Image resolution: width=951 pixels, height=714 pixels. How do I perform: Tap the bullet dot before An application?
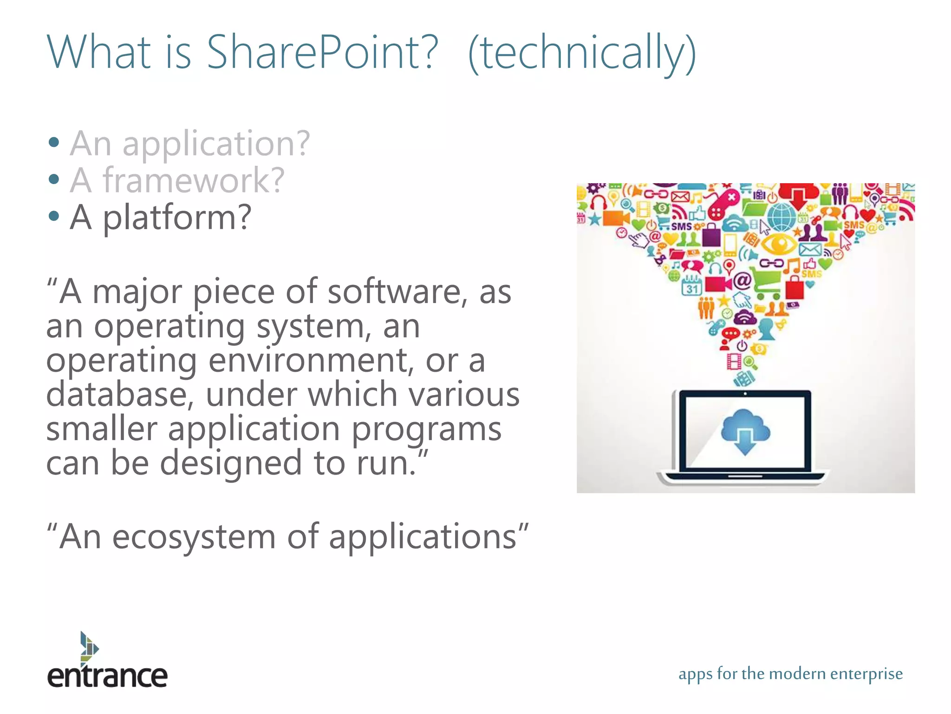pyautogui.click(x=54, y=142)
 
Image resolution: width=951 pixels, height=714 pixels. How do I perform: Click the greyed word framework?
pyautogui.click(x=193, y=180)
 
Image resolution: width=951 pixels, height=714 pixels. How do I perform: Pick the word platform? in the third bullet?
pyautogui.click(x=177, y=218)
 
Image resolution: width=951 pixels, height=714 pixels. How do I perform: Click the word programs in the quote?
pyautogui.click(x=426, y=429)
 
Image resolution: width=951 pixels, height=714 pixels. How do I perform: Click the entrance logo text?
pyautogui.click(x=107, y=676)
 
